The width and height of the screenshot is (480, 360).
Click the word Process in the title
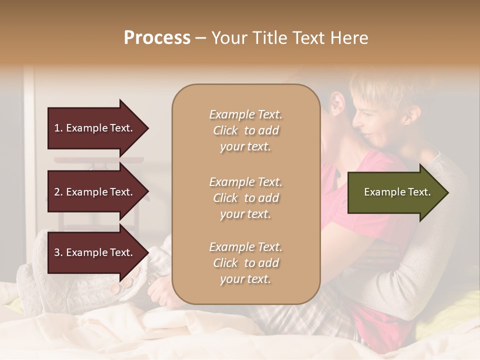(157, 38)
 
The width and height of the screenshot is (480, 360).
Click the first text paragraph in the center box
(245, 130)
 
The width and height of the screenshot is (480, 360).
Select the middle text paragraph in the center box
(245, 197)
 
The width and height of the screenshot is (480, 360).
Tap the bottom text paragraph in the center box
(245, 263)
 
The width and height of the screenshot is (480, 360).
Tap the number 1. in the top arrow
(58, 128)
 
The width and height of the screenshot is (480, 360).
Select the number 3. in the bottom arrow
(58, 252)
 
